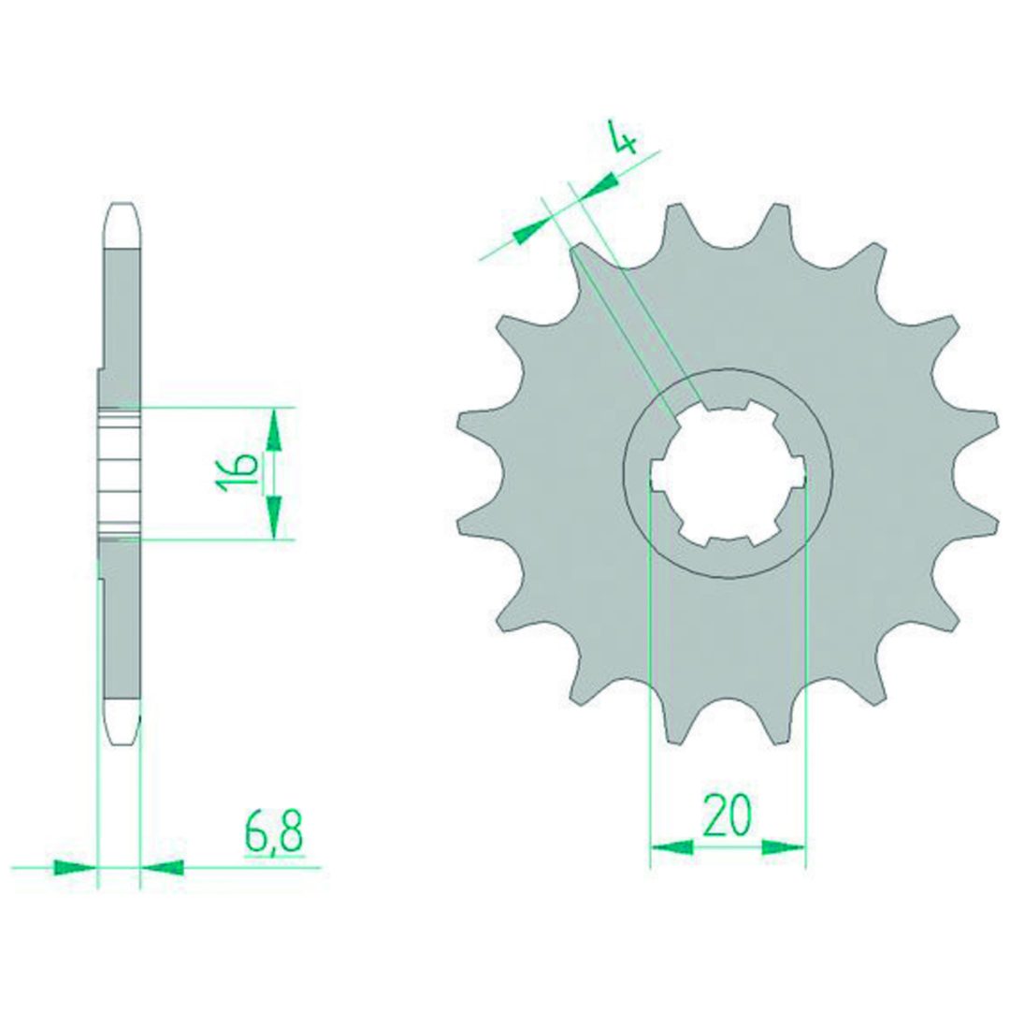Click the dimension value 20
[x=728, y=815]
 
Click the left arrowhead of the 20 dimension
[x=672, y=846]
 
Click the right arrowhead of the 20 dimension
[x=784, y=846]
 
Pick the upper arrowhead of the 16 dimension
[x=274, y=429]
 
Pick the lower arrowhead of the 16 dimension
[x=274, y=517]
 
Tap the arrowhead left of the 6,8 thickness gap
[x=75, y=867]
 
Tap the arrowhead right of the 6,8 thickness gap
[x=163, y=867]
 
